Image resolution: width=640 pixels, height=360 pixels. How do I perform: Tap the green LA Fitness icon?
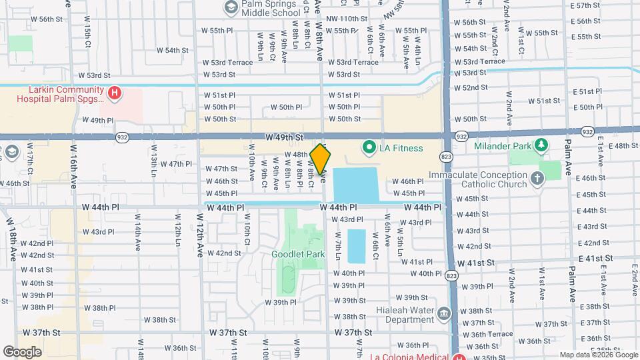coord(367,147)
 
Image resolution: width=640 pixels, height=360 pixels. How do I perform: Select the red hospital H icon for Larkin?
coord(114,92)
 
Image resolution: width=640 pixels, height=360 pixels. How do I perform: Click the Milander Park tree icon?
coord(541,145)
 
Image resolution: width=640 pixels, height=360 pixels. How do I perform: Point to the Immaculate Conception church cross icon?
coord(537,177)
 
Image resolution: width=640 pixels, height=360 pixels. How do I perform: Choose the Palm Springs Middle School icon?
coord(231,7)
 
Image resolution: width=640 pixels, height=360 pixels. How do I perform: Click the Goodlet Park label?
coord(297,254)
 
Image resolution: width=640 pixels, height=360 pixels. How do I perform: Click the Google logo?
coord(22,351)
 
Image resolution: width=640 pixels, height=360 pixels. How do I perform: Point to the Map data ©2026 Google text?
coord(597,355)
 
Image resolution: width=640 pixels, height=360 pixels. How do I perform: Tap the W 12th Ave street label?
coord(200,235)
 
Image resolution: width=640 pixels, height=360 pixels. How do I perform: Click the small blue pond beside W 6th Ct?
coord(357,245)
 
